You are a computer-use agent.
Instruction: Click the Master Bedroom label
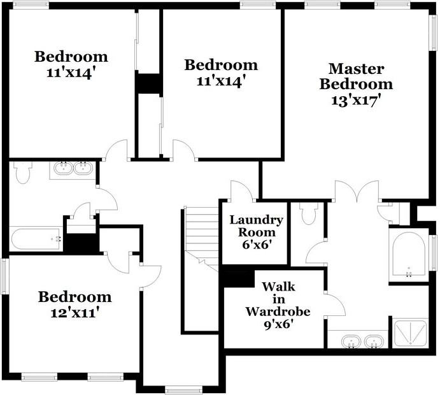356,76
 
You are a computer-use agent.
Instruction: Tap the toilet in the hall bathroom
23,172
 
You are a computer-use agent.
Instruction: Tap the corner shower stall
410,333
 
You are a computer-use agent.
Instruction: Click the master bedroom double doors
357,191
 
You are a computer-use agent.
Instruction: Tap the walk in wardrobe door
334,305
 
